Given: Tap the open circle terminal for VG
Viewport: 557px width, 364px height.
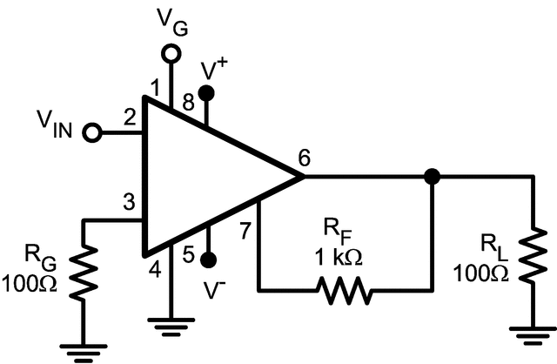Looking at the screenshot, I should click(171, 53).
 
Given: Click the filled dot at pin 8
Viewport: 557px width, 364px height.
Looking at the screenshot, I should click(207, 92).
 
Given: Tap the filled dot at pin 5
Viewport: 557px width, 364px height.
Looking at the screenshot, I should click(207, 260).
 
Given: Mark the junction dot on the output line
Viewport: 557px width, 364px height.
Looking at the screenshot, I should click(431, 177).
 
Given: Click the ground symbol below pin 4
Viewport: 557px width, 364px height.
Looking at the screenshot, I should click(171, 327).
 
